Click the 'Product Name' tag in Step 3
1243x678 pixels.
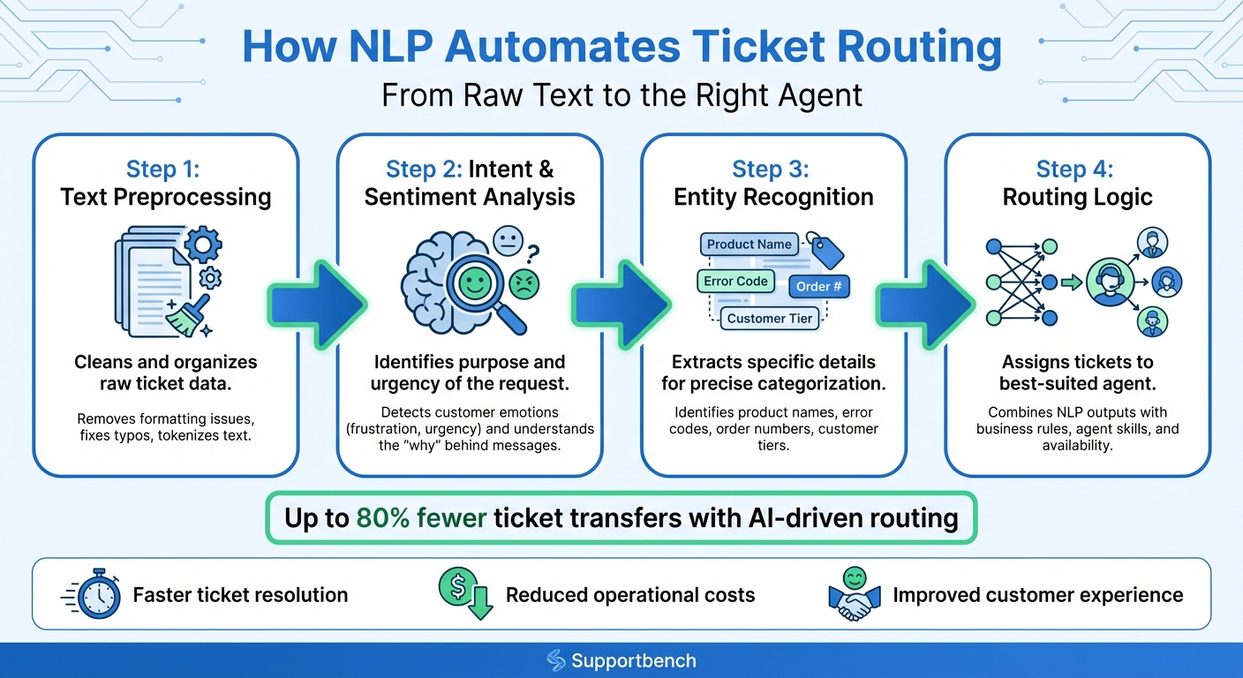(x=749, y=245)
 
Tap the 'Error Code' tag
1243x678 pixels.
(x=735, y=282)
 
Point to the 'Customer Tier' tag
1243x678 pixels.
(x=769, y=319)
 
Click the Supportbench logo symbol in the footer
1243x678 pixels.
(x=556, y=660)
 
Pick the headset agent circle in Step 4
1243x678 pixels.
(x=1109, y=282)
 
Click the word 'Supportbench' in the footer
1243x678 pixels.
(x=633, y=660)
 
